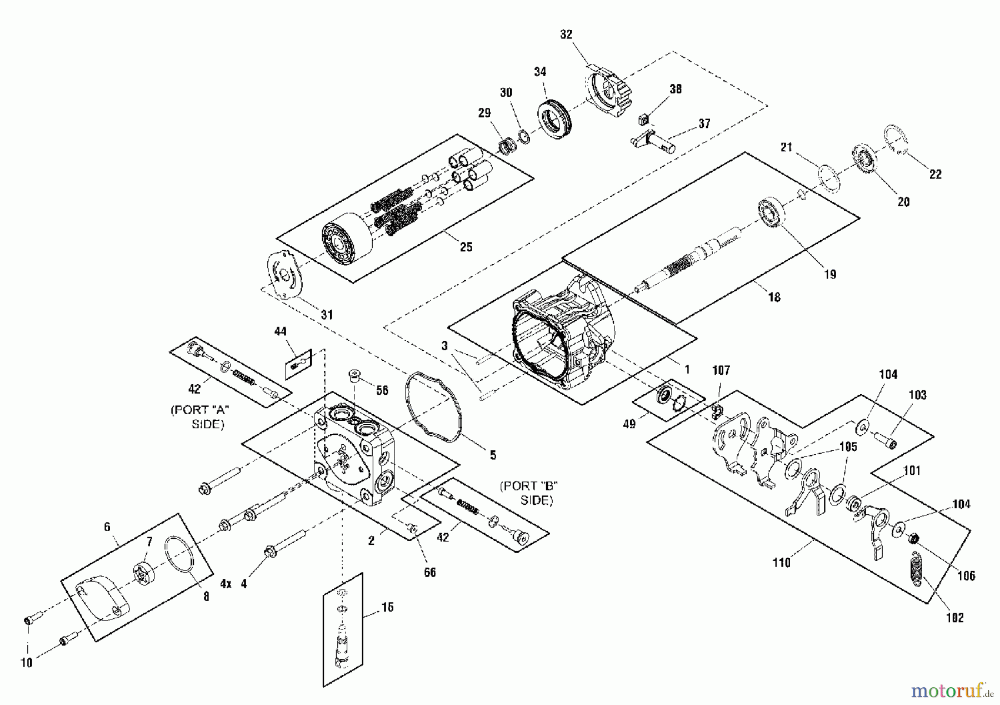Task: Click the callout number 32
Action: point(566,34)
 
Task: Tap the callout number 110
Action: point(781,563)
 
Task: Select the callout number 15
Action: point(387,607)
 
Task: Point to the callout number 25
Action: point(466,246)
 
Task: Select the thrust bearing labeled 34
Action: point(555,119)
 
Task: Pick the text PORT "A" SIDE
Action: point(200,416)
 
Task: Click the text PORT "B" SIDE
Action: point(528,493)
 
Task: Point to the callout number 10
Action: point(26,662)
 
